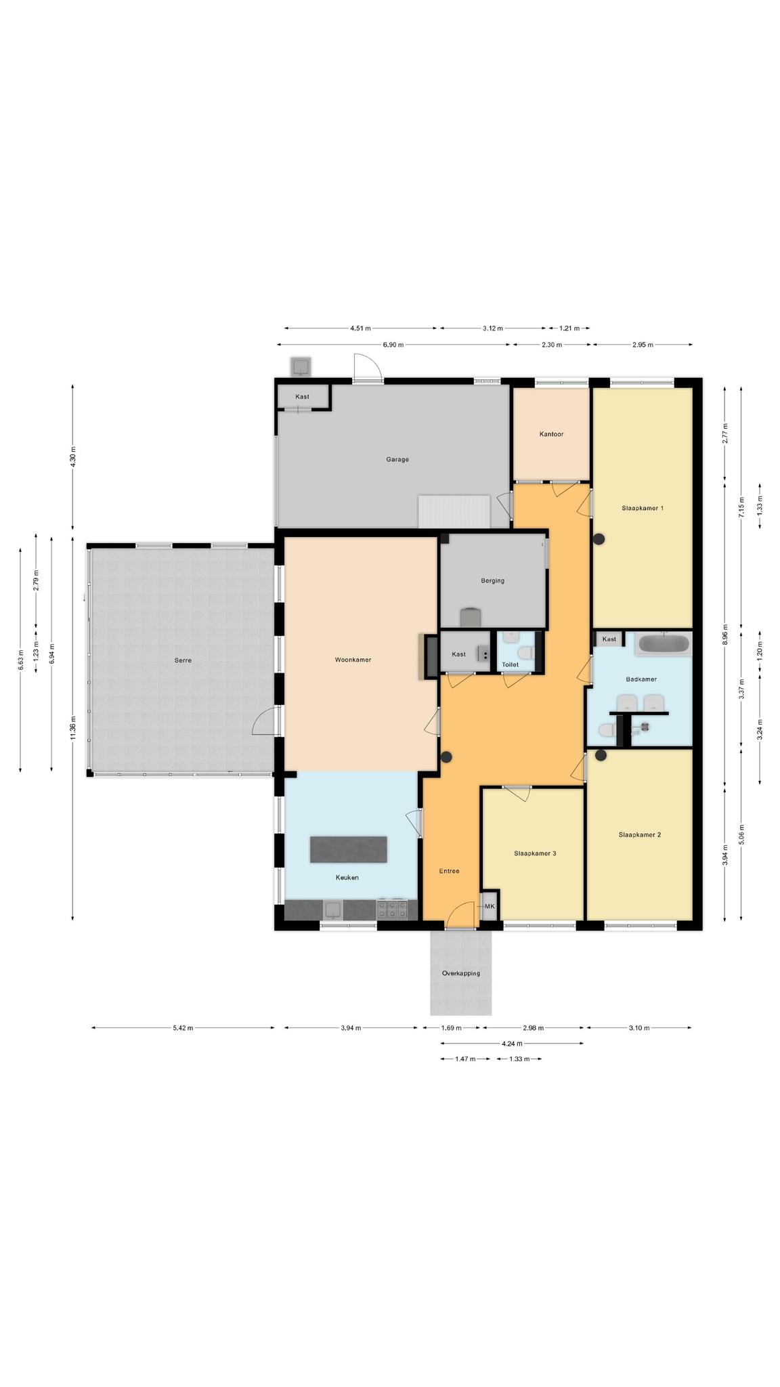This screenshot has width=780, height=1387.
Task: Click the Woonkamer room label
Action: [353, 660]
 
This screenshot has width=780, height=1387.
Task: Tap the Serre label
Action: [183, 660]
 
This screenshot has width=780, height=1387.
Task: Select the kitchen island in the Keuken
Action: [349, 849]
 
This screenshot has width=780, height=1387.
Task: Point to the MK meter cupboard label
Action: [490, 906]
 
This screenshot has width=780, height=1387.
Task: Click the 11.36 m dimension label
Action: [72, 728]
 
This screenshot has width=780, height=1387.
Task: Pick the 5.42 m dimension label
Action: [183, 1027]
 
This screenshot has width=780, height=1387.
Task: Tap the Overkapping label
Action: [461, 973]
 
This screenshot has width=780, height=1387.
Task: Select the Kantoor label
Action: [551, 434]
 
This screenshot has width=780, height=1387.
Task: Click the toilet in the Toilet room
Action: [525, 652]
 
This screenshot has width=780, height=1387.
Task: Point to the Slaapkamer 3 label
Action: [535, 853]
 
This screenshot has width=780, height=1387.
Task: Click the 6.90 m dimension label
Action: [393, 345]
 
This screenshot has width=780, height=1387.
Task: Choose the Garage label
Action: [397, 459]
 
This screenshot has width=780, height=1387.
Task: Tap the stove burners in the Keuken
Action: [393, 909]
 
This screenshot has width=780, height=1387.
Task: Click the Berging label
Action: [493, 580]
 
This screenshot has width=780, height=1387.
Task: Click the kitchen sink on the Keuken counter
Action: [333, 910]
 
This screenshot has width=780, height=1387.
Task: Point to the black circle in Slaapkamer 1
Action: [599, 540]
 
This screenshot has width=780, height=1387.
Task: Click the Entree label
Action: [449, 871]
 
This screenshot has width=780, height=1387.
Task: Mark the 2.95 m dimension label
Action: [643, 345]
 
